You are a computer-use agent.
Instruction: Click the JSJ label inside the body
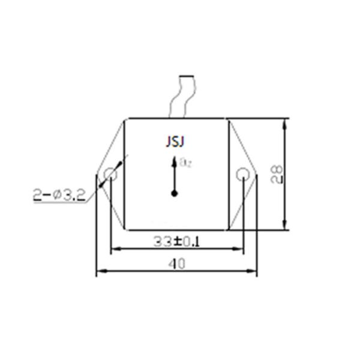175,142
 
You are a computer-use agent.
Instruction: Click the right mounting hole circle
242,175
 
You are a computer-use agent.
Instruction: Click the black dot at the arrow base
175,193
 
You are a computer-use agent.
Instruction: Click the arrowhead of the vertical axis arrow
175,161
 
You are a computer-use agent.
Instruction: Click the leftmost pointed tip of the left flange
97,175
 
